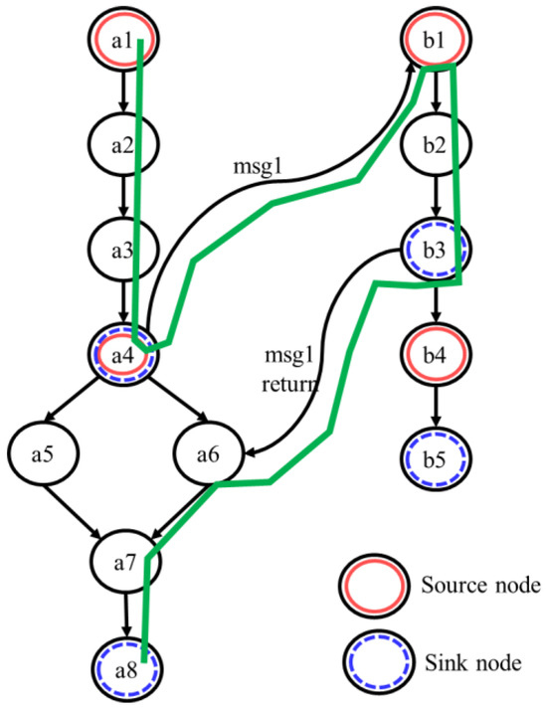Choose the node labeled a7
coord(124,563)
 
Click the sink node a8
coord(124,667)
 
